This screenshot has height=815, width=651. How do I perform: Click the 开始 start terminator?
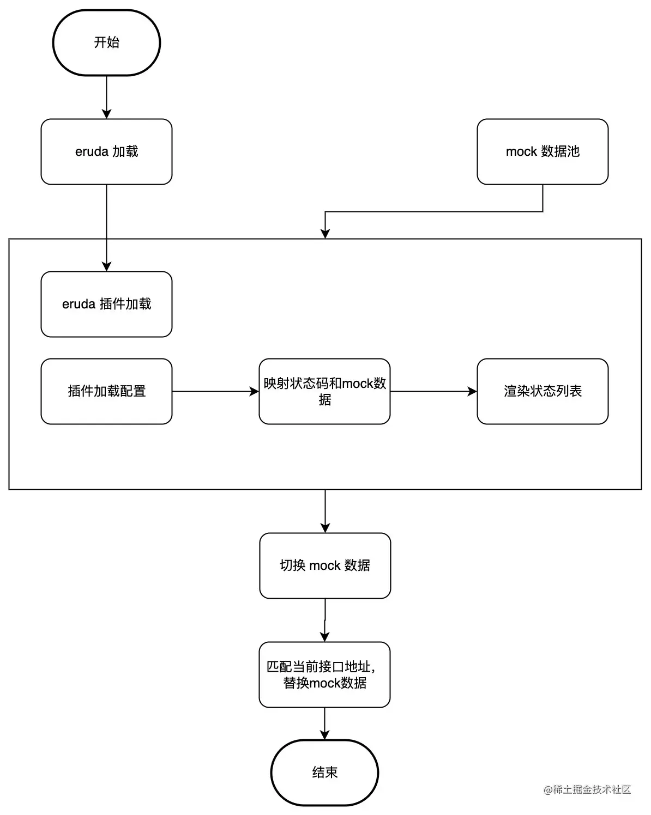(x=106, y=42)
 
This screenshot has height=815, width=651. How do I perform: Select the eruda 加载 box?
(x=106, y=151)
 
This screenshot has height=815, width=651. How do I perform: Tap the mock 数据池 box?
(x=542, y=151)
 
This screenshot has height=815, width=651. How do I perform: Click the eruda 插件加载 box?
(x=106, y=304)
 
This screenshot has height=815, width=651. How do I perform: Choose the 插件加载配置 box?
(x=106, y=391)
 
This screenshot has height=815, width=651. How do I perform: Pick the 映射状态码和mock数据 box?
(x=324, y=391)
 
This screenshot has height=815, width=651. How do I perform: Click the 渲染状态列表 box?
(x=542, y=391)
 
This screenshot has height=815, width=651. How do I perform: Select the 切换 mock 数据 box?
(x=325, y=565)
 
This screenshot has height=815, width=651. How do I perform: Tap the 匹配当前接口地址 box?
(x=324, y=674)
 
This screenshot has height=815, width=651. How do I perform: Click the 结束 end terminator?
(x=324, y=772)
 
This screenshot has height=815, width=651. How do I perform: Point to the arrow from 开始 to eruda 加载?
(x=106, y=97)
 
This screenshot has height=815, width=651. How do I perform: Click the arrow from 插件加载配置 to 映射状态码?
(x=215, y=391)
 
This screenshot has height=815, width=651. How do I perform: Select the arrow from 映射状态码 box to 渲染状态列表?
(x=433, y=391)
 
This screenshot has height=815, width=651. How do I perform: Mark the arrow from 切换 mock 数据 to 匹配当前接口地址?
(x=325, y=620)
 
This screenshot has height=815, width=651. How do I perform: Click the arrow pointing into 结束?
(x=324, y=723)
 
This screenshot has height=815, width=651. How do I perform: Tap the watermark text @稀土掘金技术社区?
(x=587, y=789)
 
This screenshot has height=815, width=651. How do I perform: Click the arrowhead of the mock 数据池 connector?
(x=325, y=234)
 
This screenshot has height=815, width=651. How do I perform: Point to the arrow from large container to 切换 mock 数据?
(x=325, y=511)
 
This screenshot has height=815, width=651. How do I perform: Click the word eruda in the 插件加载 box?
(x=79, y=304)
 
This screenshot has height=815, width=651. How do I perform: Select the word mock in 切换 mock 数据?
(x=325, y=565)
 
